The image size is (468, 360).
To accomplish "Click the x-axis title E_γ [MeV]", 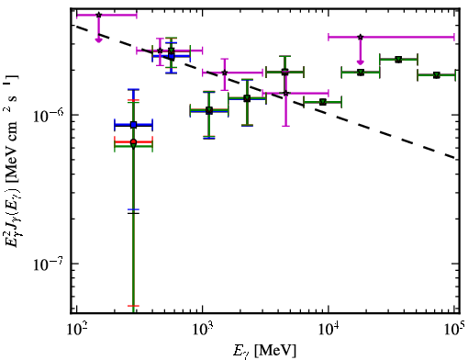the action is click(x=264, y=351).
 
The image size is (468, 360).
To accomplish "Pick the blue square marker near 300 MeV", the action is click(x=133, y=125).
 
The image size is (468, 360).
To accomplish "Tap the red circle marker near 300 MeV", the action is click(x=133, y=142).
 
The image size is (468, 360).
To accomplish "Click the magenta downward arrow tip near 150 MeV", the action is click(x=98, y=41).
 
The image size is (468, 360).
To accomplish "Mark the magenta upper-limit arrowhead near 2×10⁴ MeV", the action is click(x=361, y=64).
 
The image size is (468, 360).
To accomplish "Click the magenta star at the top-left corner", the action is click(x=98, y=15).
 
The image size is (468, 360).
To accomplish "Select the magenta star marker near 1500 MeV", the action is click(x=225, y=73).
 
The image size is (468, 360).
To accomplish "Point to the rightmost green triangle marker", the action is click(x=436, y=75).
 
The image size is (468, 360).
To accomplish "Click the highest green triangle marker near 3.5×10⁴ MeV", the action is click(x=398, y=59).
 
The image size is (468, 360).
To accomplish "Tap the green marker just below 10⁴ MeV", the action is click(x=322, y=102).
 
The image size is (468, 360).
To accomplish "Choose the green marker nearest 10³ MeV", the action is click(x=209, y=110).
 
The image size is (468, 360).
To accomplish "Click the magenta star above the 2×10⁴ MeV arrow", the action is click(x=361, y=37).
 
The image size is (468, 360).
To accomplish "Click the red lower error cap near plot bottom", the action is click(x=133, y=306).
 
